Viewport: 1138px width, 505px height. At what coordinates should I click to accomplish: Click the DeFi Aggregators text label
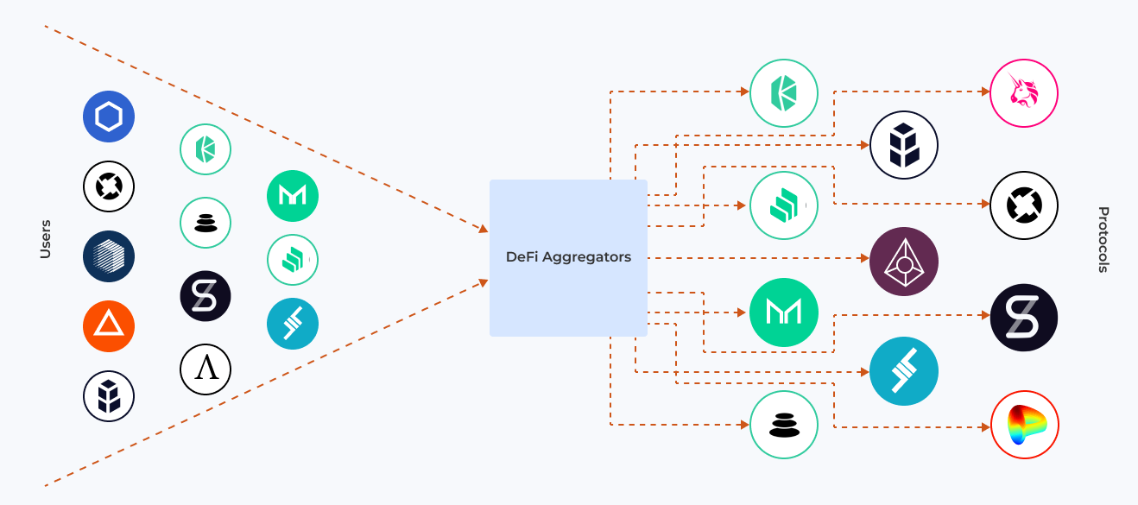(568, 257)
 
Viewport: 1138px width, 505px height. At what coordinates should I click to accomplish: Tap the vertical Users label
(45, 239)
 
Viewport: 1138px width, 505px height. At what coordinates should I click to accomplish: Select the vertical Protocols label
(1103, 240)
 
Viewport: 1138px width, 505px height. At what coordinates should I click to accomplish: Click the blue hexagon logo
(109, 117)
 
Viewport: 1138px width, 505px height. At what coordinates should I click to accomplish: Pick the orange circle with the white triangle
(109, 326)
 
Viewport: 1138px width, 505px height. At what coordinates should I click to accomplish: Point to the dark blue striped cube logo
(109, 256)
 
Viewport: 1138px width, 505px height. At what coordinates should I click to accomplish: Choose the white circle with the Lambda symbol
(205, 369)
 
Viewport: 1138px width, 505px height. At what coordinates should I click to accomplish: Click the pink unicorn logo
(1024, 93)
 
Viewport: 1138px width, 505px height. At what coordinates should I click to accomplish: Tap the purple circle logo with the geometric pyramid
(904, 262)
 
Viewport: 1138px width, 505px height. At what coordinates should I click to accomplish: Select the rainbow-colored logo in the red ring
(1024, 425)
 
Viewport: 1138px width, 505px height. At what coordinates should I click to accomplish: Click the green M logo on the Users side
(293, 196)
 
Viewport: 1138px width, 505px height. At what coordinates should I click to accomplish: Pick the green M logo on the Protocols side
(784, 312)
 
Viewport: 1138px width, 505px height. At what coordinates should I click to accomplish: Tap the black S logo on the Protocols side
(1024, 318)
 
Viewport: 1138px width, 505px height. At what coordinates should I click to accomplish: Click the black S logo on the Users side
(205, 296)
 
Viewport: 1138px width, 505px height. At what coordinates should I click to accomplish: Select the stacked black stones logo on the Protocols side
(784, 425)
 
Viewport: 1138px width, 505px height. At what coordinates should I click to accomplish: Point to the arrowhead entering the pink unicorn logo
(985, 92)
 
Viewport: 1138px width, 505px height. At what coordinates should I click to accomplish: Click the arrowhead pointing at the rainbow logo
(985, 426)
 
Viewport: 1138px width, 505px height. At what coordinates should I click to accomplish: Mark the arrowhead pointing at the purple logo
(864, 258)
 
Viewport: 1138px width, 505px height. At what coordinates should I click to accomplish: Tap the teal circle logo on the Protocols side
(904, 371)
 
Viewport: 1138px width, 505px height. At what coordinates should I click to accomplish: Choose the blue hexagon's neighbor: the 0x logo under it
(109, 186)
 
